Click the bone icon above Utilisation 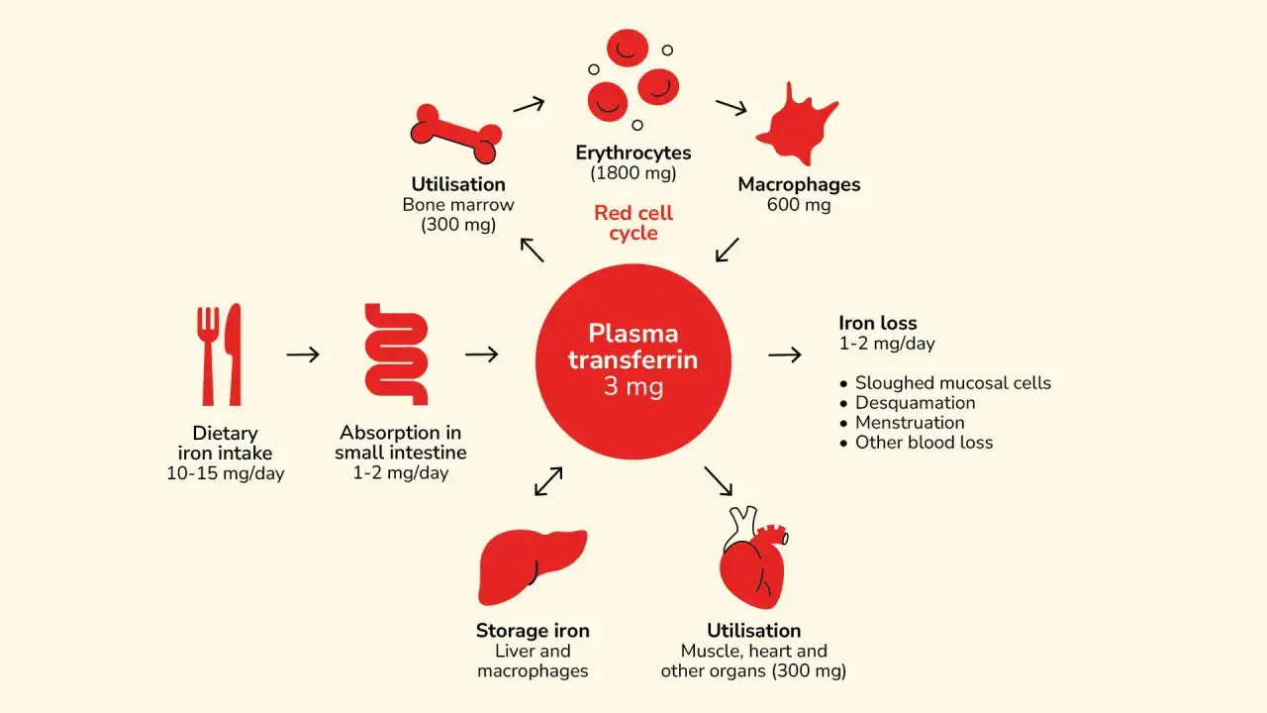point(456,134)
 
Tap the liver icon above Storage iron point(533,567)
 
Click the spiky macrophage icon point(797,125)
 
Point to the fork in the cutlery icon point(208,355)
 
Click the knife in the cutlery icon point(233,355)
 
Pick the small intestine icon point(396,355)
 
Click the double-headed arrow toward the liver point(548,481)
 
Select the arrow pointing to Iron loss point(785,355)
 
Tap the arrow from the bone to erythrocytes point(529,105)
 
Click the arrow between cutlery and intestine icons point(303,355)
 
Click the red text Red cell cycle point(633,223)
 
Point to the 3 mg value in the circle point(633,386)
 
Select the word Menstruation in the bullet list point(910,423)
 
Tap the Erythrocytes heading point(633,153)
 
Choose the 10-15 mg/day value point(225,473)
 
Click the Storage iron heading point(533,631)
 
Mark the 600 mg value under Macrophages point(799,204)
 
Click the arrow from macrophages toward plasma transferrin point(727,251)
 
